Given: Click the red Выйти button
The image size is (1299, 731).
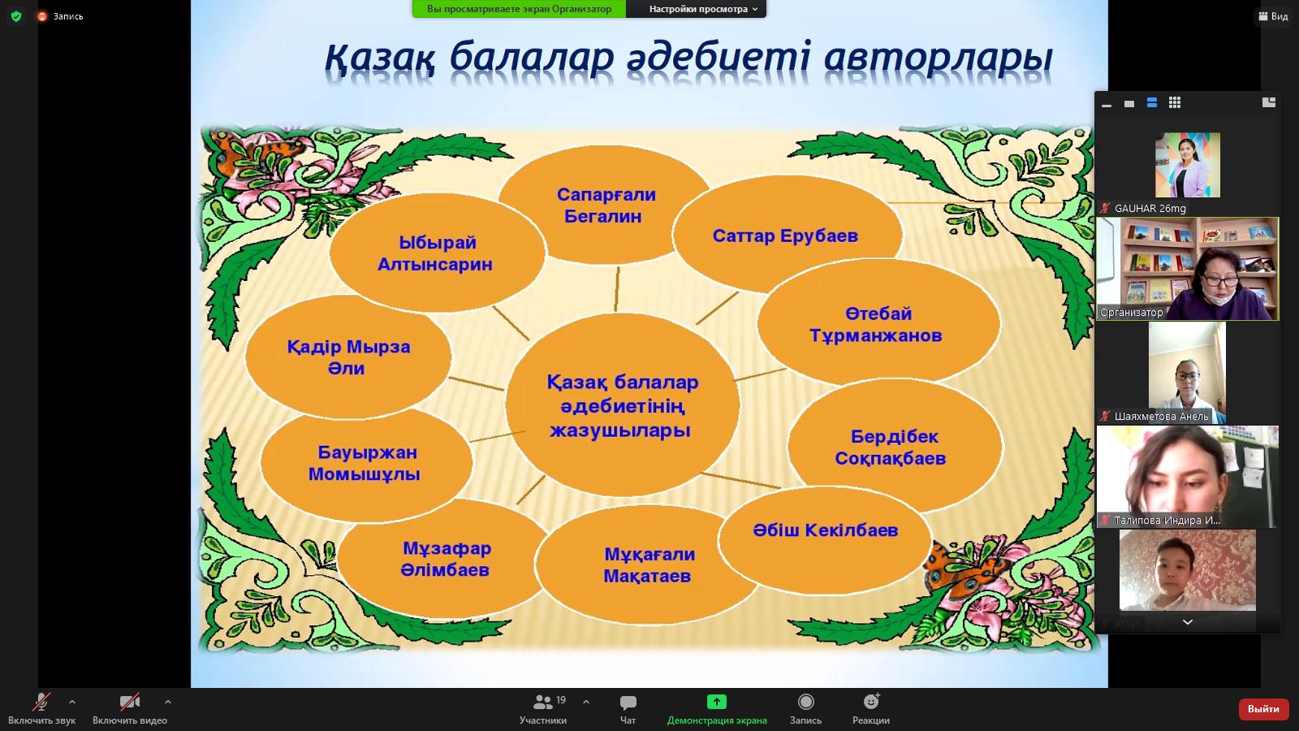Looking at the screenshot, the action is click(1262, 709).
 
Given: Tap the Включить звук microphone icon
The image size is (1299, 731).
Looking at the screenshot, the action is click(41, 702).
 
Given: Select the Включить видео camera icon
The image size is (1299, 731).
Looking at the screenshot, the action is click(129, 702).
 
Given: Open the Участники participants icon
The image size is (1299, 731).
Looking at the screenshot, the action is click(543, 702).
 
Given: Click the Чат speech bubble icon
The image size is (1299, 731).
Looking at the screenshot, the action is click(628, 703).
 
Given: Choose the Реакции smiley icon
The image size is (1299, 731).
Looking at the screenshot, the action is click(871, 702).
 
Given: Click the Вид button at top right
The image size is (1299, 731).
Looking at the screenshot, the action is click(1273, 16).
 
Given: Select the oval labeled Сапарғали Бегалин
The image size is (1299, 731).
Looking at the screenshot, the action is click(605, 205).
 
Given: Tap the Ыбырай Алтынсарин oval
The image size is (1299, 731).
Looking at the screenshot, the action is click(436, 253).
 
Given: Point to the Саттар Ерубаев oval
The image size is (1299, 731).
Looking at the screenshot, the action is click(787, 235).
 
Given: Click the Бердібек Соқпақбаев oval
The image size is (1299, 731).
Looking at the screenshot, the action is click(894, 447).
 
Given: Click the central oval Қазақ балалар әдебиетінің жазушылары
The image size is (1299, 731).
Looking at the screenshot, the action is click(622, 405).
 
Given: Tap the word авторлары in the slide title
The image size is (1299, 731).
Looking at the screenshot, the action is click(938, 58).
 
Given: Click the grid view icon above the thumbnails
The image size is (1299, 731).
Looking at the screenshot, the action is click(1174, 102).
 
